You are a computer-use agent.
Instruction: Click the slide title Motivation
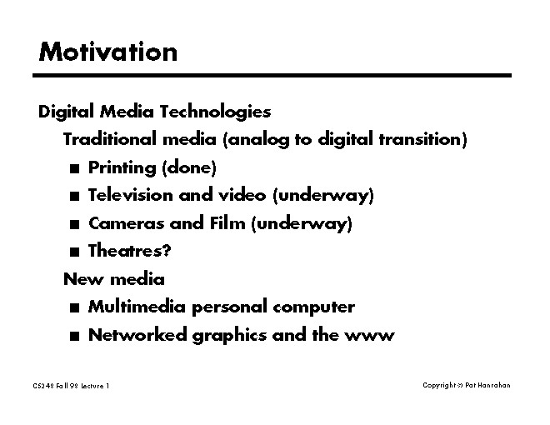click(108, 52)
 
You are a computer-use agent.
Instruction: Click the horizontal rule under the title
click(272, 75)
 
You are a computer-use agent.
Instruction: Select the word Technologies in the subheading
click(215, 112)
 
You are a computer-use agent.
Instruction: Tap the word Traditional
click(109, 139)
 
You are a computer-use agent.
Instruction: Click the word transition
click(420, 139)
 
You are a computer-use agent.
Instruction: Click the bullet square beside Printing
click(74, 168)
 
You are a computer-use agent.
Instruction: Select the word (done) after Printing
click(189, 167)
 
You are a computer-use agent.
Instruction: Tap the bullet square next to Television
click(74, 197)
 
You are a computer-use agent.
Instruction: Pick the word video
click(242, 195)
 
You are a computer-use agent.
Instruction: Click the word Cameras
click(127, 223)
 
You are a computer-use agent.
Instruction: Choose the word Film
click(227, 223)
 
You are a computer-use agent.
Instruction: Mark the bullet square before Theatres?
click(74, 252)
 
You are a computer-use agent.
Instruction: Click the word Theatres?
click(130, 251)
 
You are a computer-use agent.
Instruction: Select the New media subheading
click(114, 279)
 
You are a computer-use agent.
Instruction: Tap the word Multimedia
click(137, 307)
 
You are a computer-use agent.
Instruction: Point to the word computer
click(313, 307)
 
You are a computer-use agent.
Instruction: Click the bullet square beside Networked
click(74, 337)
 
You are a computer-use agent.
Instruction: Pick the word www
click(369, 336)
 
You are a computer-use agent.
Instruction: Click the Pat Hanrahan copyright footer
click(467, 385)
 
